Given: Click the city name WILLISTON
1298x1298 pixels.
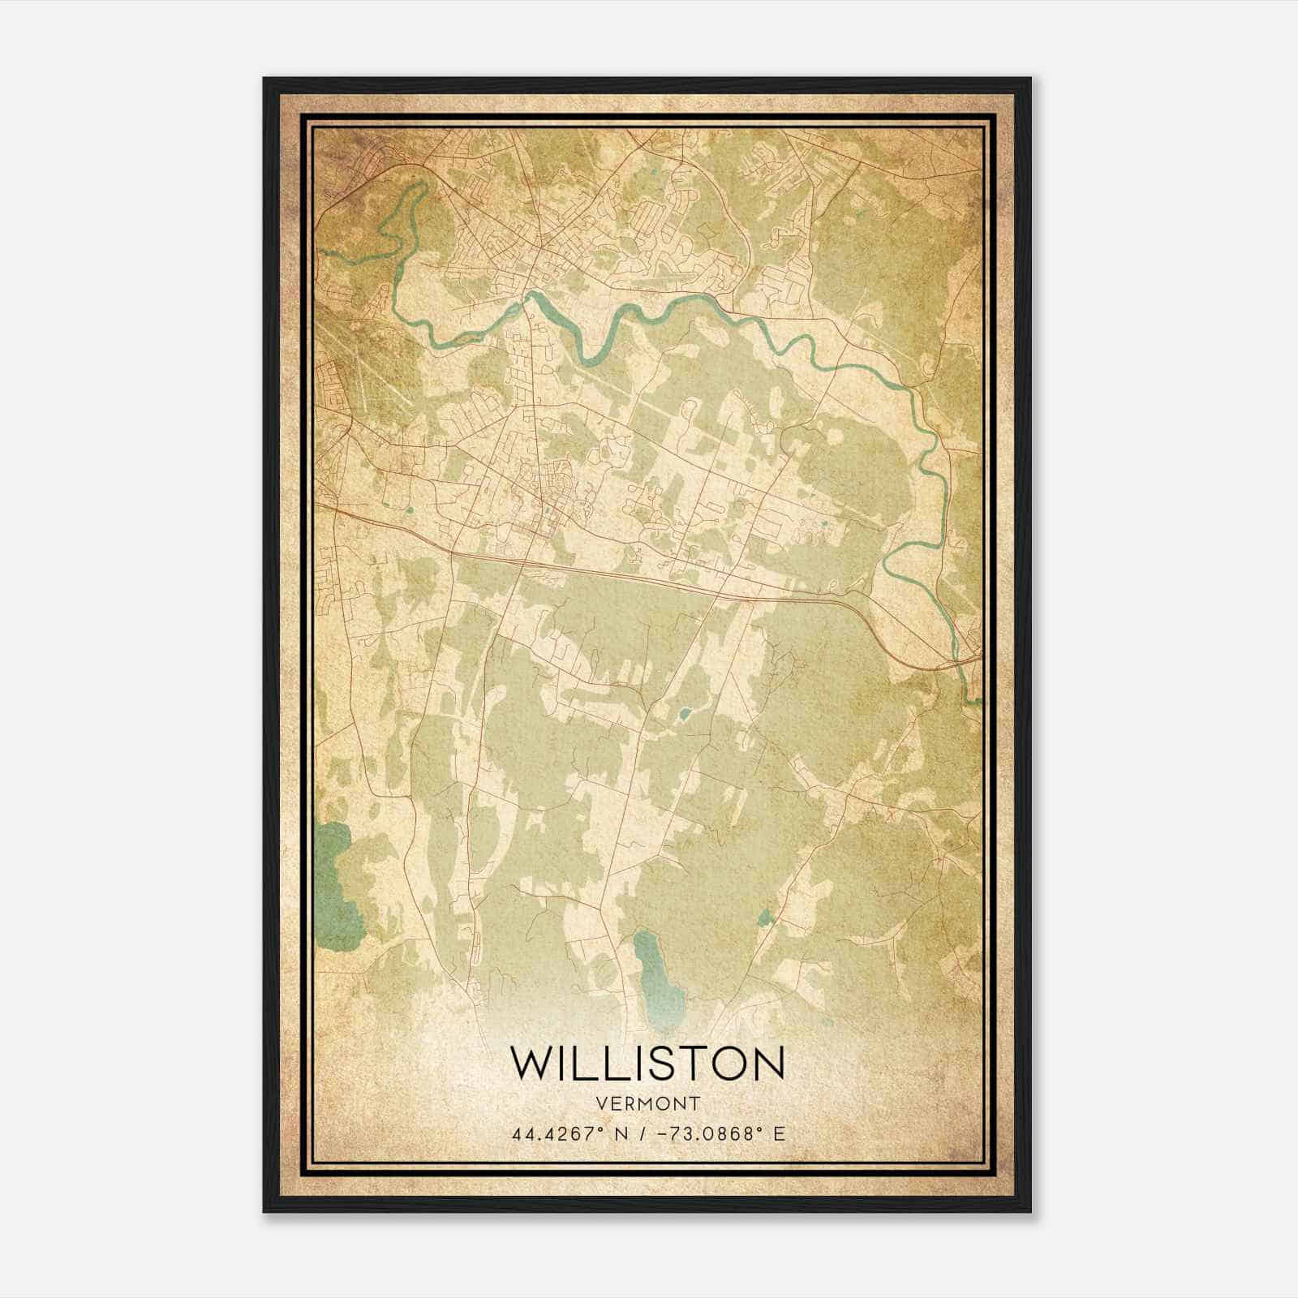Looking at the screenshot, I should tap(647, 1063).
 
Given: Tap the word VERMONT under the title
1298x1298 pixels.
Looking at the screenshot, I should tap(647, 1103).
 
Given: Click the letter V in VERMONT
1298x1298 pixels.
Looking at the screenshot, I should tap(600, 1103).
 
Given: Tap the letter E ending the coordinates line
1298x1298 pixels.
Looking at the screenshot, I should tap(780, 1134).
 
